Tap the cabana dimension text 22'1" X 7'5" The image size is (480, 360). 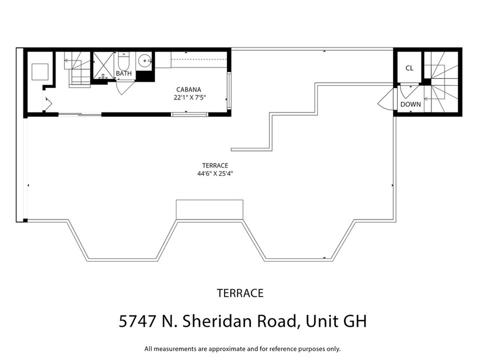pyautogui.click(x=190, y=97)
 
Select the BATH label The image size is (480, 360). pyautogui.click(x=123, y=74)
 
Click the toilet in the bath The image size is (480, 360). pyautogui.click(x=125, y=61)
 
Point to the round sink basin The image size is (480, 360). pyautogui.click(x=145, y=59)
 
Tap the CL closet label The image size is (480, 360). pyautogui.click(x=409, y=68)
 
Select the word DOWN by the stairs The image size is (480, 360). pyautogui.click(x=410, y=105)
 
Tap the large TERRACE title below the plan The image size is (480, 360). pyautogui.click(x=240, y=293)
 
